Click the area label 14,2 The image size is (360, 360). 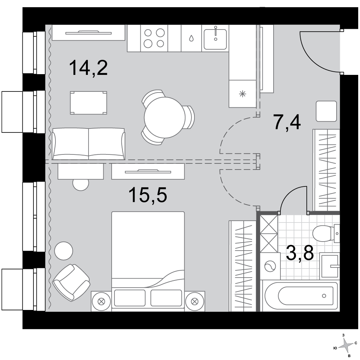click(x=89, y=68)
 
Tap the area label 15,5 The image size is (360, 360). click(x=148, y=195)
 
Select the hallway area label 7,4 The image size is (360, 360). click(x=287, y=122)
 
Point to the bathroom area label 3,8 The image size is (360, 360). click(x=300, y=253)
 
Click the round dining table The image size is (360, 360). click(x=165, y=118)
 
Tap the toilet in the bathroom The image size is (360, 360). click(x=326, y=234)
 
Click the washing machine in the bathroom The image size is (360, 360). click(x=270, y=266)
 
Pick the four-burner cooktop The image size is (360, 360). click(x=154, y=38)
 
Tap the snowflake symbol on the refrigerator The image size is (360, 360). click(x=242, y=94)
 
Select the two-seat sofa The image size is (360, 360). click(x=89, y=144)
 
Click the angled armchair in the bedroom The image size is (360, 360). click(x=71, y=282)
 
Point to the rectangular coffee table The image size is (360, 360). click(x=89, y=103)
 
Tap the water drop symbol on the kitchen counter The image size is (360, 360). click(x=191, y=38)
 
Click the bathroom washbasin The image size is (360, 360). click(x=330, y=266)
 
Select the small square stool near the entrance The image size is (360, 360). click(x=326, y=111)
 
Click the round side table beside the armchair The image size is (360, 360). click(x=64, y=251)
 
